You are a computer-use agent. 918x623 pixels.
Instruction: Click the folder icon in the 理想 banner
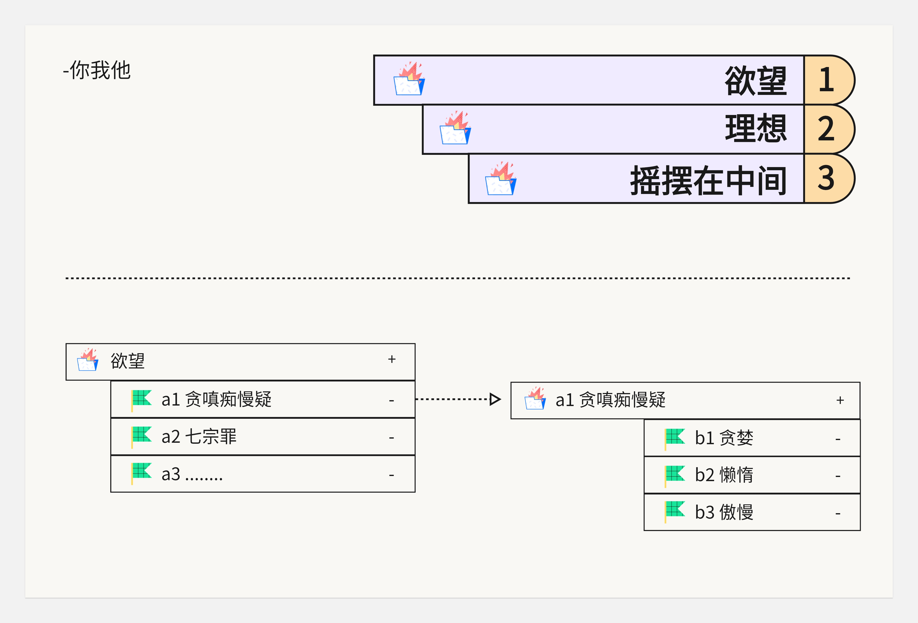pos(455,128)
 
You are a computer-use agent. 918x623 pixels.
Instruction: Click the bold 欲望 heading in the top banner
pos(755,81)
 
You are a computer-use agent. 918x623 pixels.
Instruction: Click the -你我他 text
pos(97,70)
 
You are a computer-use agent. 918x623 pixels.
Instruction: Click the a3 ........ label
pos(192,474)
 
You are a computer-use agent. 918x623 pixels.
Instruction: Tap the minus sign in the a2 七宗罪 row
pos(391,438)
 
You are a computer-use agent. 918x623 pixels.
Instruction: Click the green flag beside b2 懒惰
pos(675,474)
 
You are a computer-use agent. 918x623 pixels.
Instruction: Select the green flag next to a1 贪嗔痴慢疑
pos(141,399)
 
